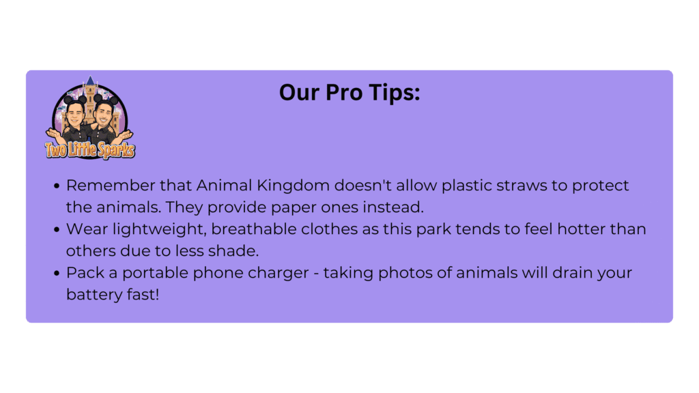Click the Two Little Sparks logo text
click(x=90, y=150)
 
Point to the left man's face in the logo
click(x=75, y=114)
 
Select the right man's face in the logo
click(x=104, y=114)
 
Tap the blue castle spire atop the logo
click(x=91, y=81)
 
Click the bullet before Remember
click(x=57, y=186)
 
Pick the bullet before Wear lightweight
click(x=57, y=229)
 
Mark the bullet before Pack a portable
click(x=57, y=273)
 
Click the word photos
click(x=405, y=273)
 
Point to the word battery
click(x=94, y=295)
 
